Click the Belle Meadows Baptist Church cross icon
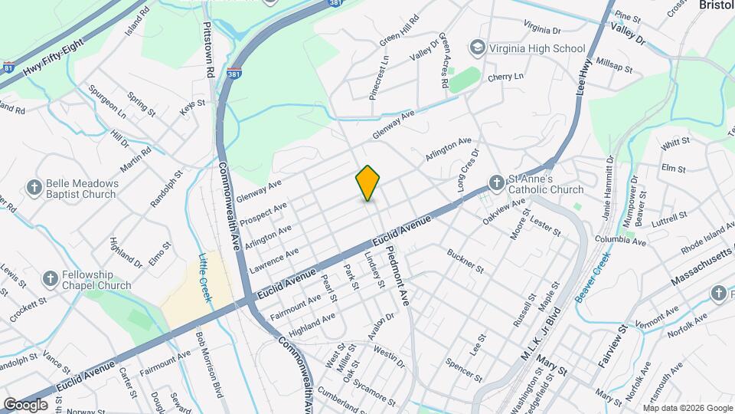[x=34, y=187]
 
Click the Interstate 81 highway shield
[x=8, y=67]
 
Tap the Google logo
[x=26, y=404]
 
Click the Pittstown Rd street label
[x=207, y=48]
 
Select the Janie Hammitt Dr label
[x=609, y=187]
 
